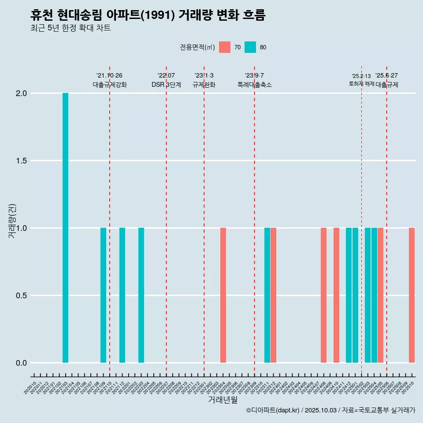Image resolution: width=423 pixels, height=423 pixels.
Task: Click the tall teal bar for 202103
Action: point(65,228)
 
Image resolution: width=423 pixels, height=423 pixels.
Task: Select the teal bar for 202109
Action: point(103,295)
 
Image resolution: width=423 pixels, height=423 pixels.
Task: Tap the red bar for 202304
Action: point(223,295)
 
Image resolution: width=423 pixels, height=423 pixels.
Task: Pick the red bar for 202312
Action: point(273,295)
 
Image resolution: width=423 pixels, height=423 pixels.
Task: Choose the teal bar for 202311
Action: point(267,295)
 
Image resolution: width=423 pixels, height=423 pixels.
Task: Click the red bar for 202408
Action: point(323,295)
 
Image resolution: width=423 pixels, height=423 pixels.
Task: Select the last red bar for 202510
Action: point(412,295)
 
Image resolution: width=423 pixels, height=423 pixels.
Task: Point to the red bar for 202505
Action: point(380,295)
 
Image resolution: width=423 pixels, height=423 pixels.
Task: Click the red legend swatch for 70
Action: point(225,47)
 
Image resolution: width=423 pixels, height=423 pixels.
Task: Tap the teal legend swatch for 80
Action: point(250,47)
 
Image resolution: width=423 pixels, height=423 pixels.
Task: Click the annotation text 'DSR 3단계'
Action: point(166,85)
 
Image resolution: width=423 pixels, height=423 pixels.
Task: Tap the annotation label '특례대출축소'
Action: point(254,85)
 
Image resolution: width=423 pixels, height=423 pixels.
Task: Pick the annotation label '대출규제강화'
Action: point(110,85)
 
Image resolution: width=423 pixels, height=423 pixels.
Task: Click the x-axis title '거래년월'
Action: point(223,400)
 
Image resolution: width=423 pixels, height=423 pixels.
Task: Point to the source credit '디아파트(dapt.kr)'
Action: point(273,410)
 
